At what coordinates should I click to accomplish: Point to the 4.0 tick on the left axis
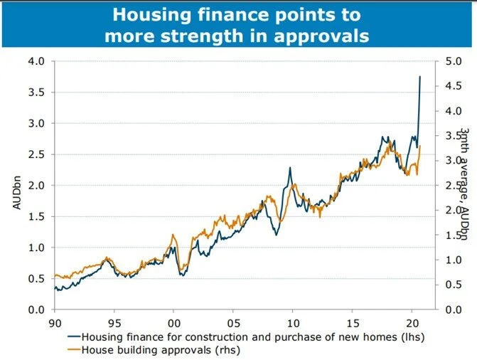coord(36,61)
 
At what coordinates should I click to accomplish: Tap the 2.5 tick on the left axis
coord(36,154)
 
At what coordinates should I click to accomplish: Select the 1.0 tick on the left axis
coord(36,248)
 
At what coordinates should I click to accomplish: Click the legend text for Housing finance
coord(253,337)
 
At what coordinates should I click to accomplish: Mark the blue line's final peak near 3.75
coord(420,77)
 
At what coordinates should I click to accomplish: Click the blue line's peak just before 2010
coord(290,169)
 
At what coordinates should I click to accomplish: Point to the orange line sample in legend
coord(74,350)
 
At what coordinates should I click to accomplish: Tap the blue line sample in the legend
coord(74,337)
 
